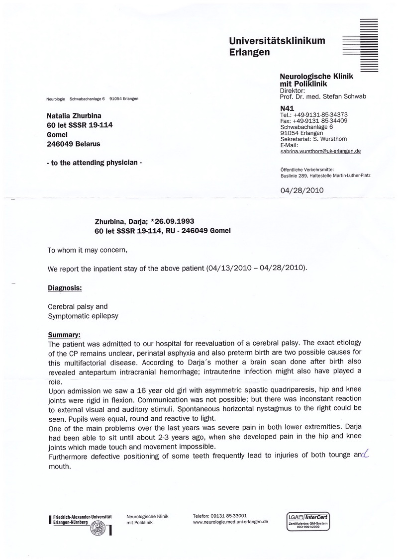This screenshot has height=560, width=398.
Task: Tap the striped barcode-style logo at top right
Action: tap(368, 44)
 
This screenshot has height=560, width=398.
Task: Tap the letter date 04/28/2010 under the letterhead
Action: tap(302, 190)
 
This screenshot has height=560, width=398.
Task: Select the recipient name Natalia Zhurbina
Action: tap(74, 116)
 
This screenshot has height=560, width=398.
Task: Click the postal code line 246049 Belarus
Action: tap(73, 144)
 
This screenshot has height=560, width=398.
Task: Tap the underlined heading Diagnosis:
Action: tap(65, 287)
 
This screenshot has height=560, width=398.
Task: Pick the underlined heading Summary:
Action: tap(64, 335)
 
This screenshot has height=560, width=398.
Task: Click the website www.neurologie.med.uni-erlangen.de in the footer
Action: tap(230, 522)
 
